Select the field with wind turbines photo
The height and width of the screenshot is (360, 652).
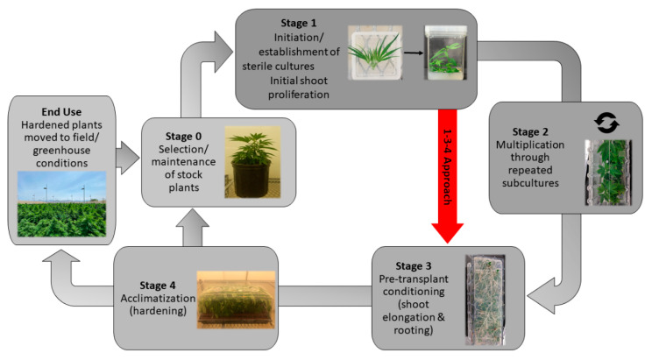[62, 205]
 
